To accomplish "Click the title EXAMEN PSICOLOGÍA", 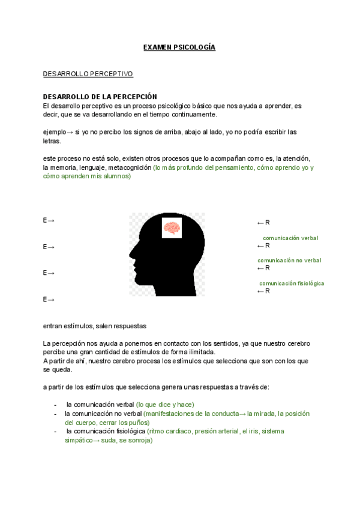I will click(x=179, y=47).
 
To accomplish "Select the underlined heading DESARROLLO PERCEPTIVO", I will click(x=88, y=74).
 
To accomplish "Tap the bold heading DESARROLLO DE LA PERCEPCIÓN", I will click(x=100, y=97).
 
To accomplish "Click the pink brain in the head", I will click(x=172, y=229).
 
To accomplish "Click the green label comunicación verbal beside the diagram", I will click(x=290, y=238).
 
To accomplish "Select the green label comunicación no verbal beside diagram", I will click(x=289, y=261).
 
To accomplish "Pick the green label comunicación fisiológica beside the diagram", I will click(x=292, y=283).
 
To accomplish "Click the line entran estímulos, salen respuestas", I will click(x=95, y=326).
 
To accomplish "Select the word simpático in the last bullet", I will click(x=79, y=441).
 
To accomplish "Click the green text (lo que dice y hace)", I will click(x=165, y=405).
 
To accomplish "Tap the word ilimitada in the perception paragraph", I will click(x=199, y=352).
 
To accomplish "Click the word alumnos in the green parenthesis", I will click(x=115, y=176).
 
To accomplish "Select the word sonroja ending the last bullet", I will click(x=139, y=441).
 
